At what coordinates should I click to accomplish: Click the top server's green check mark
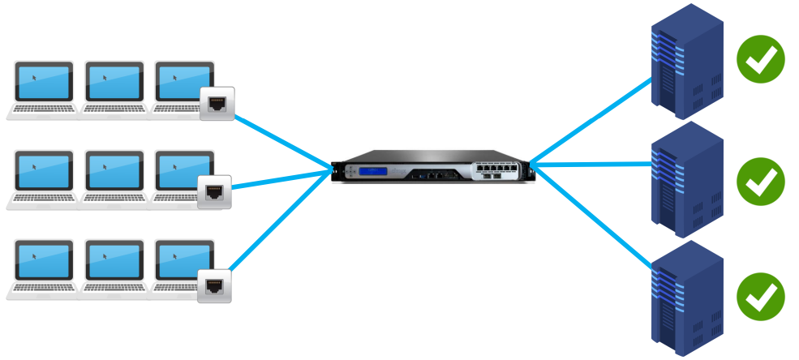(761, 61)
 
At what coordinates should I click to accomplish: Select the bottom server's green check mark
(761, 297)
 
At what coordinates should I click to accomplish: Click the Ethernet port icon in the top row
(217, 104)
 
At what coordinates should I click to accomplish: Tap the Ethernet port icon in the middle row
(214, 192)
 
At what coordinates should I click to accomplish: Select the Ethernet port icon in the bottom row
(214, 285)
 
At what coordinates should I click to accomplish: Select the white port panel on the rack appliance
(496, 170)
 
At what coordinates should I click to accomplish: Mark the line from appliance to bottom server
(592, 213)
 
